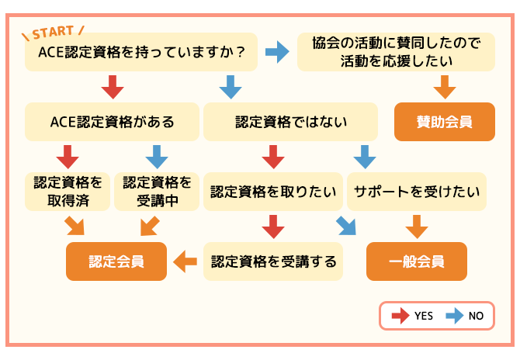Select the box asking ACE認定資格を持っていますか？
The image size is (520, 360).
tap(141, 52)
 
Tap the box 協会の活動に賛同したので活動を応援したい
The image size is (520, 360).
tap(396, 52)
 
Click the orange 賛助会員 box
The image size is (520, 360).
tap(445, 122)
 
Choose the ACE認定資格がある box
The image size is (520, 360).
tap(112, 122)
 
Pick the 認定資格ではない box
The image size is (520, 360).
tap(290, 122)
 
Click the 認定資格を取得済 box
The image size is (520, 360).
tap(68, 192)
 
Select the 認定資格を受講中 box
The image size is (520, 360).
tap(157, 192)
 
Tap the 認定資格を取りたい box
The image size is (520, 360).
tap(273, 192)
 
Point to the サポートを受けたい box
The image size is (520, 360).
tap(417, 192)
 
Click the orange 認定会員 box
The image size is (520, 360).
tap(116, 261)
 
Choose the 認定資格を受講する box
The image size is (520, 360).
tap(273, 261)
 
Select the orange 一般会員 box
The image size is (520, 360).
tap(417, 261)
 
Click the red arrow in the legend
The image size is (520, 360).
tap(400, 316)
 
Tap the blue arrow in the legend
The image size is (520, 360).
tap(455, 316)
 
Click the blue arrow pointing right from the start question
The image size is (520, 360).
tap(277, 52)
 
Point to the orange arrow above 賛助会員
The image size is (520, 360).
tap(445, 87)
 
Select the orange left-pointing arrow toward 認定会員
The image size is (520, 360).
tap(185, 261)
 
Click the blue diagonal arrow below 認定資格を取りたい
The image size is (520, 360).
tap(346, 226)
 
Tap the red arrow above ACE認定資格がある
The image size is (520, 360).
tap(113, 87)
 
